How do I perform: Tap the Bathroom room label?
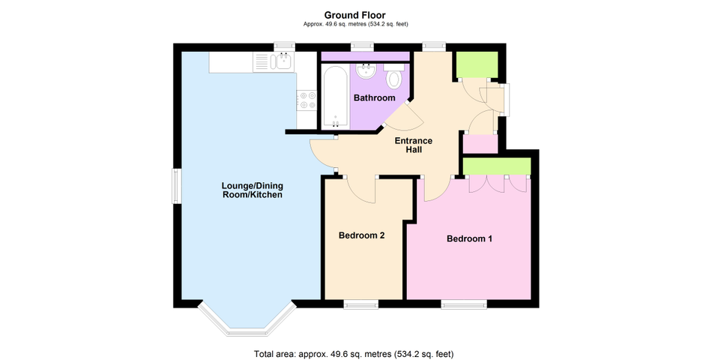pyautogui.click(x=374, y=97)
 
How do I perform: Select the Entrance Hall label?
pyautogui.click(x=413, y=145)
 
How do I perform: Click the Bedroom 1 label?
pyautogui.click(x=469, y=238)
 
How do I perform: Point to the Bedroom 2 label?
pyautogui.click(x=361, y=235)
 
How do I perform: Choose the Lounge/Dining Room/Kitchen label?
pyautogui.click(x=252, y=190)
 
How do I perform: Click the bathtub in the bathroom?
pyautogui.click(x=336, y=97)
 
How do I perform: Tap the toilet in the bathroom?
pyautogui.click(x=393, y=76)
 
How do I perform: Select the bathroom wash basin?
pyautogui.click(x=366, y=71)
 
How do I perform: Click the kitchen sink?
pyautogui.click(x=283, y=61)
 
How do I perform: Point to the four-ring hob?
pyautogui.click(x=307, y=100)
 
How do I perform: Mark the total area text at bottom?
pyautogui.click(x=354, y=354)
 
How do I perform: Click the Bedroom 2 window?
pyautogui.click(x=361, y=304)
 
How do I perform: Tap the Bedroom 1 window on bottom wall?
pyautogui.click(x=464, y=304)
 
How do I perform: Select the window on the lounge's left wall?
pyautogui.click(x=178, y=186)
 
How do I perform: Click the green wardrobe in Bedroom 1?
pyautogui.click(x=497, y=166)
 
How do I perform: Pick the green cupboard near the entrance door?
pyautogui.click(x=477, y=64)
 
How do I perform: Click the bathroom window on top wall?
pyautogui.click(x=362, y=47)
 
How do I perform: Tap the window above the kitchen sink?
pyautogui.click(x=284, y=47)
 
